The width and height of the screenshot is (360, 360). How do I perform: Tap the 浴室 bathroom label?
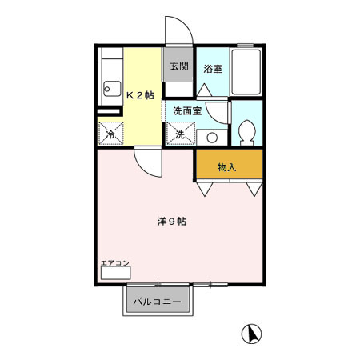pyautogui.click(x=212, y=69)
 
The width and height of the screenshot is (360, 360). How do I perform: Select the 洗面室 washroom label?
pyautogui.click(x=188, y=111)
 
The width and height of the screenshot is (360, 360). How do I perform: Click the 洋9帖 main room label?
pyautogui.click(x=172, y=221)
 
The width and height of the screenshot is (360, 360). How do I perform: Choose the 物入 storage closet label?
pyautogui.click(x=227, y=167)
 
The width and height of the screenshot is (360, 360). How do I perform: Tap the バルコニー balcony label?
pyautogui.click(x=157, y=302)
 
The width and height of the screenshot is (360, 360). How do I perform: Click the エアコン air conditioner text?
pyautogui.click(x=114, y=263)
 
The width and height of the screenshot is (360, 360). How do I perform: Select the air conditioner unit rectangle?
pyautogui.click(x=114, y=273)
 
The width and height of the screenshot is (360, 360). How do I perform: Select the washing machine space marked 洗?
pyautogui.click(x=180, y=134)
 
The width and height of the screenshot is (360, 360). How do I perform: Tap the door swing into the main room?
pyautogui.click(x=148, y=163)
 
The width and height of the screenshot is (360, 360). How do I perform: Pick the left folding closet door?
pyautogui.click(x=206, y=188)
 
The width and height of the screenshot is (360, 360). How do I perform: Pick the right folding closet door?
pyautogui.click(x=254, y=188)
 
